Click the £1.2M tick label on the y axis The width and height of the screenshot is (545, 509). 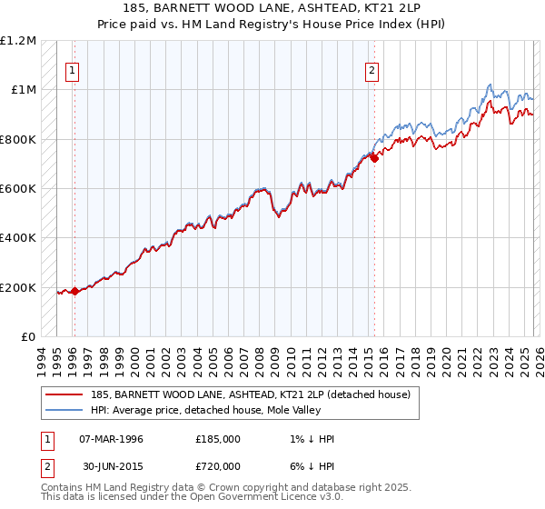pyautogui.click(x=20, y=41)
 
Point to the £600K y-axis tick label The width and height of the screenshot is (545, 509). pyautogui.click(x=18, y=189)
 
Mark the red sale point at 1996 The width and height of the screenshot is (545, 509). pyautogui.click(x=74, y=291)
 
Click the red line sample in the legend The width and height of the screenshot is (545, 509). pyautogui.click(x=64, y=394)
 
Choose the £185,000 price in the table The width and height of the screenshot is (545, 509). pyautogui.click(x=218, y=439)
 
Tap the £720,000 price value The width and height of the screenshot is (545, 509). pyautogui.click(x=218, y=464)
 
